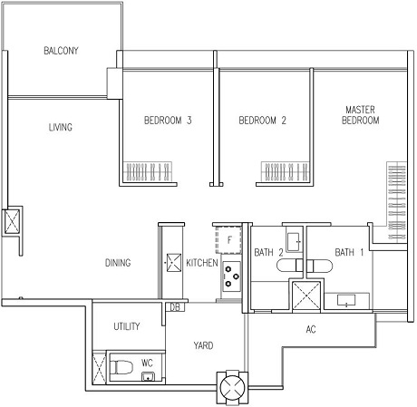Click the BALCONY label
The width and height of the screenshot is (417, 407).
(61, 51)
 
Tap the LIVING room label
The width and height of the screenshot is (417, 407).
(61, 127)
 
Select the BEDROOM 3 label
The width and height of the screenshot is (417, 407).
(168, 121)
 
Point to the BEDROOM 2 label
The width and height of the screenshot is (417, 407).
(262, 121)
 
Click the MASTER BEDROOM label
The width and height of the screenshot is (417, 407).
(360, 115)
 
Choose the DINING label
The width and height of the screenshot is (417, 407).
(118, 263)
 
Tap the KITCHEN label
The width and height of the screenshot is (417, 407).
(202, 263)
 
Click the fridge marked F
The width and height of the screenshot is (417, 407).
(228, 240)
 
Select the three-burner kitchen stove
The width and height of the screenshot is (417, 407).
(232, 276)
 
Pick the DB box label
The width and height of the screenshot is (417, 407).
(175, 307)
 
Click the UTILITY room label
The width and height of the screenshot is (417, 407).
(127, 326)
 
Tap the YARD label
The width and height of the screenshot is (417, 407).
(203, 345)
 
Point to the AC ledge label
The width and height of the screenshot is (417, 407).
(311, 329)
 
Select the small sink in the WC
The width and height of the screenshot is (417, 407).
(148, 377)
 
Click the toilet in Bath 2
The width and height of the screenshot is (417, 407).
(290, 266)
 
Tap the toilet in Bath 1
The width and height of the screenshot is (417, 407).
(320, 266)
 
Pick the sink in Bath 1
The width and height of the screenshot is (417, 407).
(346, 300)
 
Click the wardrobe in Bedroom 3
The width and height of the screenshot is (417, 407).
(148, 171)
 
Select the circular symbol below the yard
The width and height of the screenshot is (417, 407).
(232, 388)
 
